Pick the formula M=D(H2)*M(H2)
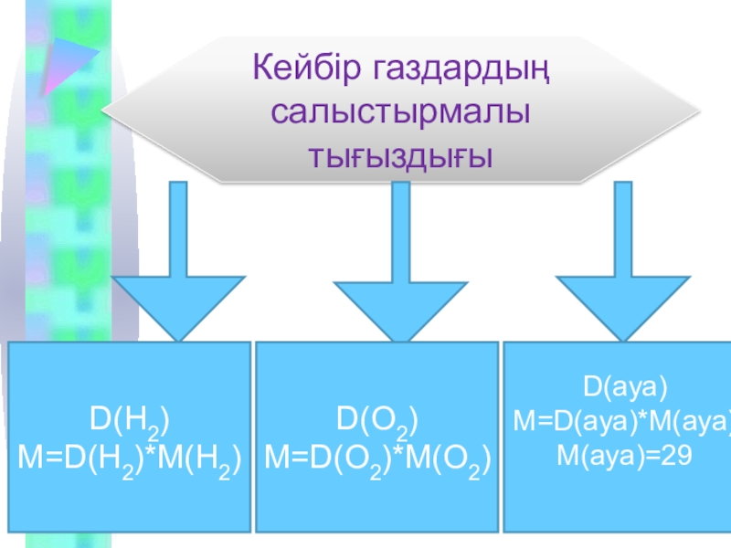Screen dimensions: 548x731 [x=130, y=459]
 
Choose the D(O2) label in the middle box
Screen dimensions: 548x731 [x=377, y=421]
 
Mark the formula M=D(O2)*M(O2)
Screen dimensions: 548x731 [x=377, y=459]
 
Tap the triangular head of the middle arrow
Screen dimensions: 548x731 [x=400, y=306]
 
